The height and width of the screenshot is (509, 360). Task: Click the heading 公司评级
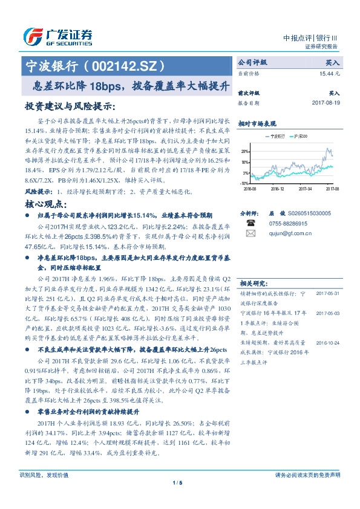(253, 62)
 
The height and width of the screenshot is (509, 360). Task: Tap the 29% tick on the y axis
(243, 151)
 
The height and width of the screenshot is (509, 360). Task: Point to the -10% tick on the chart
(243, 183)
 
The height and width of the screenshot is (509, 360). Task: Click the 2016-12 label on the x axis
(277, 188)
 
